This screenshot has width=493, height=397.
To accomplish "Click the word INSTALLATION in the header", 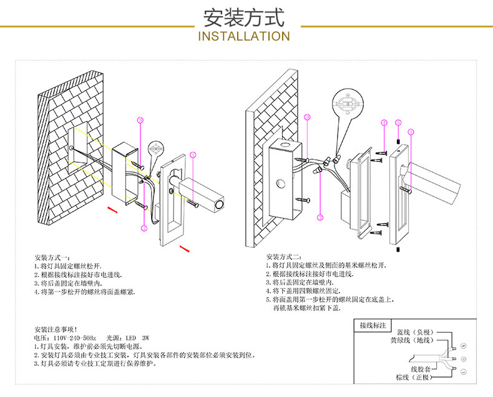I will click(243, 36).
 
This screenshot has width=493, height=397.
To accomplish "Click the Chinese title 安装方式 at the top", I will click(243, 17).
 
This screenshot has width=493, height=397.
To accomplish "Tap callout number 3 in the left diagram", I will click(140, 119).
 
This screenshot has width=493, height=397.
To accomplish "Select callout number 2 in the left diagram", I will click(144, 228).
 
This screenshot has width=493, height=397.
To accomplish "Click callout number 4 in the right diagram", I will click(320, 217).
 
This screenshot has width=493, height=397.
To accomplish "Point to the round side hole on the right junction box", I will click(282, 185).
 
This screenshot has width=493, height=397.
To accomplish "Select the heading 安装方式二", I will click(284, 257).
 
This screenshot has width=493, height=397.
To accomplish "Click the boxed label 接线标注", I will click(373, 325).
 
